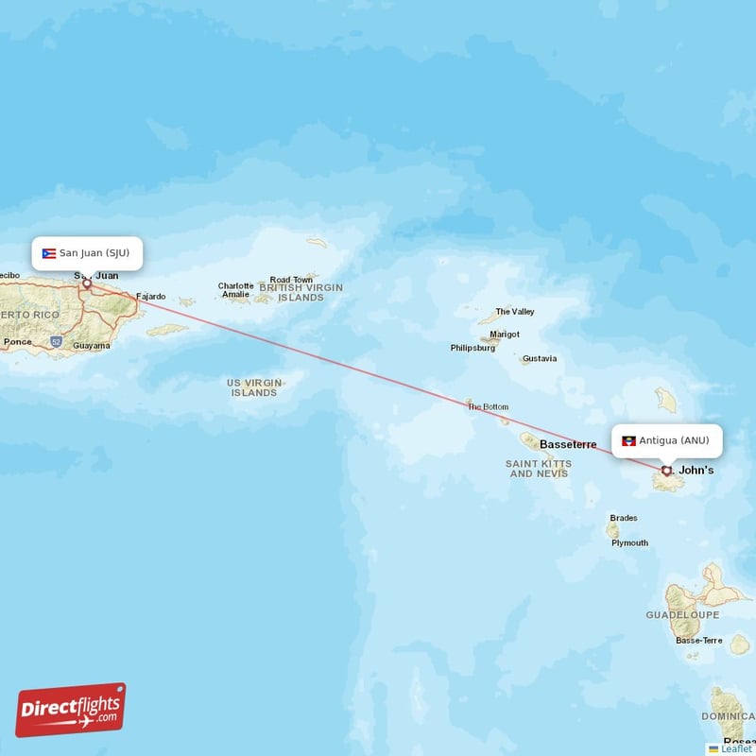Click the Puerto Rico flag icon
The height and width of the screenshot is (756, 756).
click(49, 253)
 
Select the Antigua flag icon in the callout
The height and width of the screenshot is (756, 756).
click(628, 440)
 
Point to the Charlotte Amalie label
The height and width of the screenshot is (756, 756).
click(235, 290)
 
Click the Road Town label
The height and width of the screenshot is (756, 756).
click(291, 280)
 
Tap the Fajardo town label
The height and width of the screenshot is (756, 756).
click(150, 297)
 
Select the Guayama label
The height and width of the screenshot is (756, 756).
click(91, 346)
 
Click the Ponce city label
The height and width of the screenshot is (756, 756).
click(17, 342)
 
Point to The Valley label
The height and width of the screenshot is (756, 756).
click(515, 312)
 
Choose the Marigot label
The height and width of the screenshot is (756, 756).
click(505, 335)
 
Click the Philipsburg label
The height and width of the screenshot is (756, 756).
click(472, 348)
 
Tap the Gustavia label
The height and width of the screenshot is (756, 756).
click(540, 359)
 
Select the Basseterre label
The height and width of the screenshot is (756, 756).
click(568, 444)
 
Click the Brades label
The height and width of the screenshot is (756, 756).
click(624, 518)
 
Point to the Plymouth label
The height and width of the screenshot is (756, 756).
click(629, 543)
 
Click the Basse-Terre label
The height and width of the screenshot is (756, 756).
click(698, 641)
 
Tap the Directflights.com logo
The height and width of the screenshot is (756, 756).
click(71, 711)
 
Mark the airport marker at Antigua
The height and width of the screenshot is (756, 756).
click(666, 470)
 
